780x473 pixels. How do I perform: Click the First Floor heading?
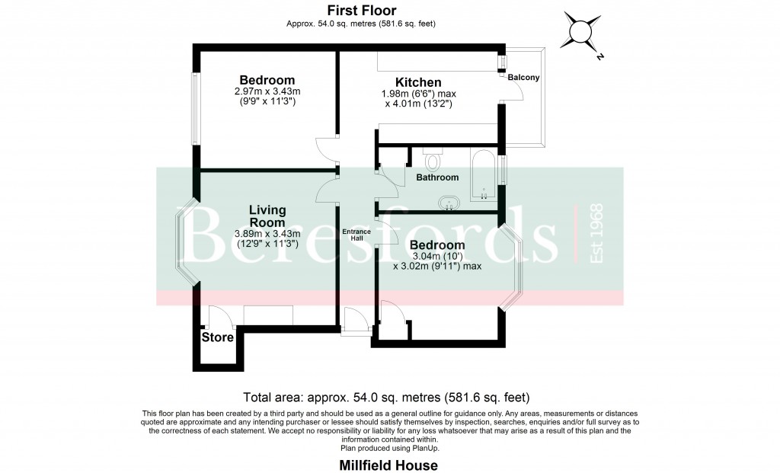pyautogui.click(x=361, y=11)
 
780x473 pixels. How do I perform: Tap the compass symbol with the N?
pyautogui.click(x=580, y=31)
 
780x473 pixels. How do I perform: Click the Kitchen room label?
pyautogui.click(x=417, y=82)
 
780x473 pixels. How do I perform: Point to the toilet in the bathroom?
pyautogui.click(x=432, y=159)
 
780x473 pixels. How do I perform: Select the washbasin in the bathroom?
pyautogui.click(x=449, y=203)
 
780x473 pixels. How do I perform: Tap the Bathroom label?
pyautogui.click(x=437, y=177)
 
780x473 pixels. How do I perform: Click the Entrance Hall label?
pyautogui.click(x=356, y=235)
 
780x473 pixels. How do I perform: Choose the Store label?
pyautogui.click(x=217, y=337)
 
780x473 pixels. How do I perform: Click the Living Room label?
pyautogui.click(x=267, y=216)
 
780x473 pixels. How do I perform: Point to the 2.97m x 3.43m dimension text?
pyautogui.click(x=267, y=91)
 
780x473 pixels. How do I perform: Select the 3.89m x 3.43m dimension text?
pyautogui.click(x=269, y=234)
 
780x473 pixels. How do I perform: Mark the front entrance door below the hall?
pyautogui.click(x=355, y=320)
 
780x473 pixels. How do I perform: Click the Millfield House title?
pyautogui.click(x=388, y=464)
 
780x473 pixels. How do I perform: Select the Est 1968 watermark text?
pyautogui.click(x=596, y=234)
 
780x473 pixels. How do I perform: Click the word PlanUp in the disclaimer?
pyautogui.click(x=418, y=447)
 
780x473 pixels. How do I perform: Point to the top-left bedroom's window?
pyautogui.click(x=195, y=108)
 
